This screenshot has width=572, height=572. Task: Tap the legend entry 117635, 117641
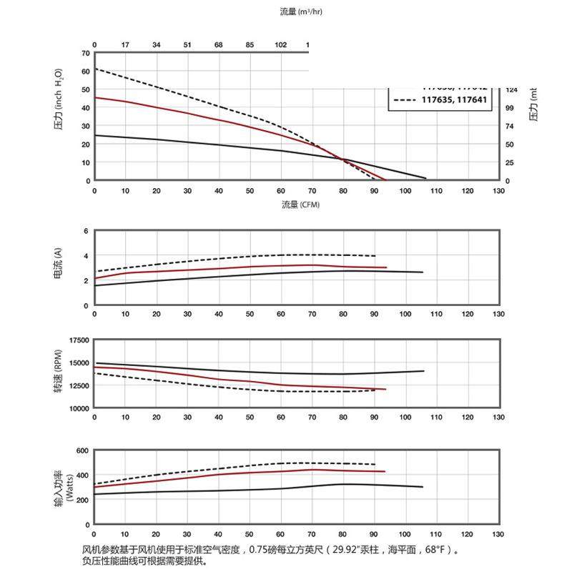click(454, 100)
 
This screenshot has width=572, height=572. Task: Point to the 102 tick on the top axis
click(280, 45)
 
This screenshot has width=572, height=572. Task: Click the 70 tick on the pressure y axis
click(85, 53)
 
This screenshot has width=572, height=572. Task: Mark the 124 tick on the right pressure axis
click(511, 90)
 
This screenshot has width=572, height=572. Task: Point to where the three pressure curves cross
click(342, 159)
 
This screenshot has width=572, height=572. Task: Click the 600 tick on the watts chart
click(80, 450)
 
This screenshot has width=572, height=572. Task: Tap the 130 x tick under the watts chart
click(498, 534)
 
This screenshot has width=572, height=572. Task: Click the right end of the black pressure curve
click(426, 178)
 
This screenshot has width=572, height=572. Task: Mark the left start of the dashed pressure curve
click(95, 69)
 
